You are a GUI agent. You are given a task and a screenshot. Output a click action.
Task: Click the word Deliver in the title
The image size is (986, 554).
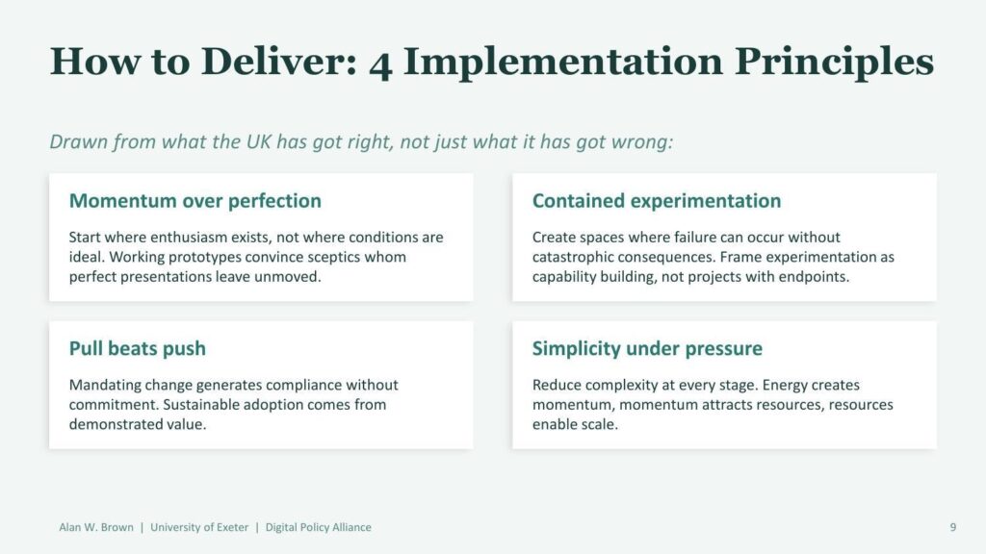pyautogui.click(x=278, y=62)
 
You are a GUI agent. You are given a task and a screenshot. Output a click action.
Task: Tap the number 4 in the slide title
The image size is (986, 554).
pyautogui.click(x=380, y=65)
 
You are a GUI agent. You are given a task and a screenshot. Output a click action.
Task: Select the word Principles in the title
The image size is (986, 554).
pyautogui.click(x=834, y=63)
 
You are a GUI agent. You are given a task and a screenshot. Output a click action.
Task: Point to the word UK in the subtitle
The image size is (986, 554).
pyautogui.click(x=258, y=141)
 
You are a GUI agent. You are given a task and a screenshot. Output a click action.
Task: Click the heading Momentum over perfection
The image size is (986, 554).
pyautogui.click(x=195, y=201)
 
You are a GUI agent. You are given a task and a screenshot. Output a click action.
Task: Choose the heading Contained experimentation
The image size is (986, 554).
pyautogui.click(x=657, y=201)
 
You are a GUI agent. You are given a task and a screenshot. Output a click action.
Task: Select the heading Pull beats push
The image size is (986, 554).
pyautogui.click(x=137, y=348)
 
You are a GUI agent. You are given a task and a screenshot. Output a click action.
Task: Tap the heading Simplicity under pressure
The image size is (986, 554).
pyautogui.click(x=647, y=348)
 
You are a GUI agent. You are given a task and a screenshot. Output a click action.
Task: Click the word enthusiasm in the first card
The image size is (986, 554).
pyautogui.click(x=189, y=238)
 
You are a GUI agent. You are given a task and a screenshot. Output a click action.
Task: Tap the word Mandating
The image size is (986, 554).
pyautogui.click(x=105, y=385)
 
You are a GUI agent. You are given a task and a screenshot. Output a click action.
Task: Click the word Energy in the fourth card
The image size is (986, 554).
pyautogui.click(x=785, y=385)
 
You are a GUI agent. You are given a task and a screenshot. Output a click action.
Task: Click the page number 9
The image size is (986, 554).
pyautogui.click(x=952, y=528)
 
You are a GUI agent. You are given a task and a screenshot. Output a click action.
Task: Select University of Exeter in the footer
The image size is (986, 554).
pyautogui.click(x=199, y=528)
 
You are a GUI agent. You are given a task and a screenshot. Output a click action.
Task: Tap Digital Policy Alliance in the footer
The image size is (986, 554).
pyautogui.click(x=318, y=528)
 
